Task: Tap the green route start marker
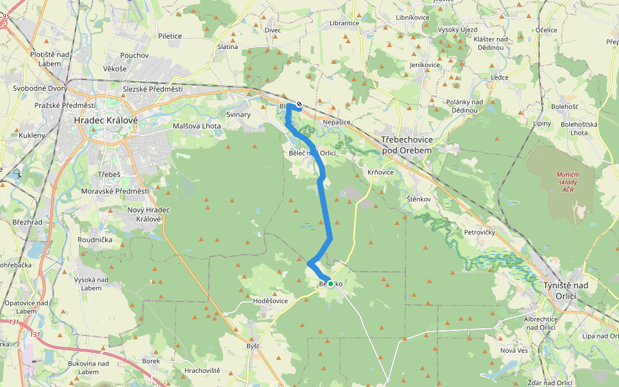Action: pos(331,283)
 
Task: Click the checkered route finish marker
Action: pos(299,104)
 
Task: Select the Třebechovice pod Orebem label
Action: pos(407,144)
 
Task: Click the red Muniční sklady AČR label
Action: pos(568,182)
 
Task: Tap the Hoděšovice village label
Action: pos(270,301)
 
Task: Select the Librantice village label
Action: pos(344,23)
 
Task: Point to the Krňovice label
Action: pos(380,172)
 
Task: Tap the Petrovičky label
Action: pos(479,231)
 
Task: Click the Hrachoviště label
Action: pos(202,370)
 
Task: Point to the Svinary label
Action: pos(237,112)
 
